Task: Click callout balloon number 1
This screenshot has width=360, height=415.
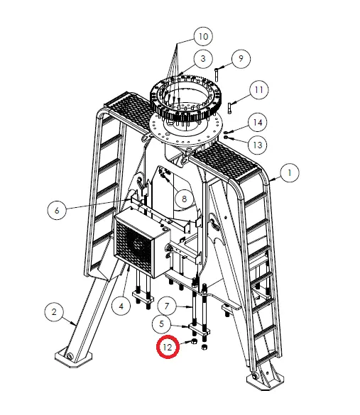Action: point(289,172)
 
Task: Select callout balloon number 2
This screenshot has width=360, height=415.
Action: point(52,311)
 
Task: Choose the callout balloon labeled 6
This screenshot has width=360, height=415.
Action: point(57,209)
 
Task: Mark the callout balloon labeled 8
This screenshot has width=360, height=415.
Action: point(183,199)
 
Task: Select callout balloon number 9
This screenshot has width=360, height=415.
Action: point(240,58)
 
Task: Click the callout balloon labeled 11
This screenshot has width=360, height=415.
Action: point(258,90)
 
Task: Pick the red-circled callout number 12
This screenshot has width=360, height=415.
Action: point(168,348)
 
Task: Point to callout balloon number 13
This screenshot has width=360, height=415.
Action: point(258,145)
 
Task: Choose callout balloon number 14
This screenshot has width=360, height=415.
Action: point(258,122)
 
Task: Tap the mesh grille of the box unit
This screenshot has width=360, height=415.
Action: point(135,246)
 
